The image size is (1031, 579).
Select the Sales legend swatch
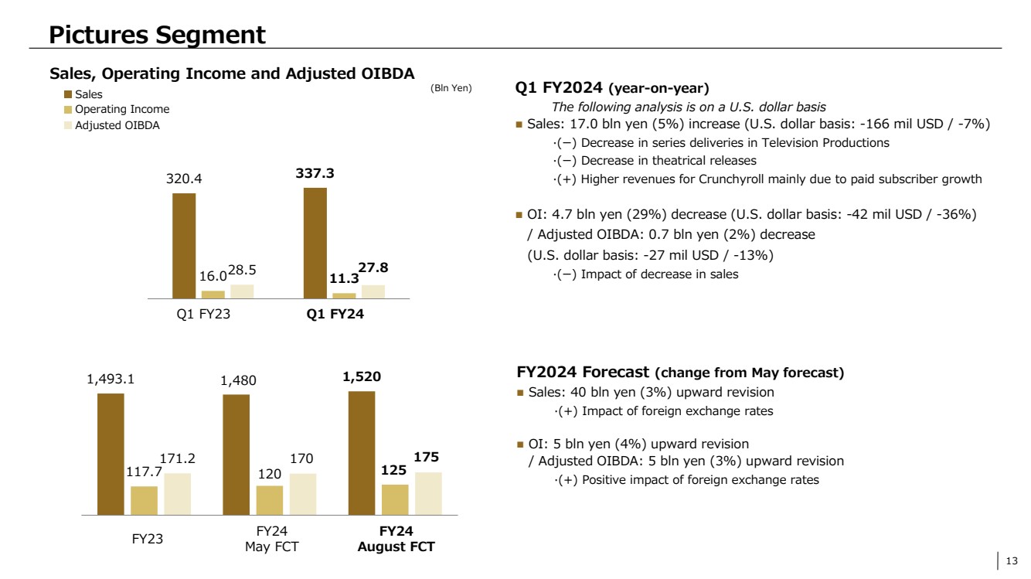(67, 94)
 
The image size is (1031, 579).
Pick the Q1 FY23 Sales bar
(184, 245)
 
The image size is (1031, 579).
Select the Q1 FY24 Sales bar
(315, 243)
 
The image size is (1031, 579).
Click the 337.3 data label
(315, 175)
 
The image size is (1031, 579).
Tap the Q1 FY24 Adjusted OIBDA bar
(373, 291)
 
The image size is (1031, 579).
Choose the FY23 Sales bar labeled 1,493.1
(111, 454)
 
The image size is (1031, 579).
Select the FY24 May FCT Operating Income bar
(270, 499)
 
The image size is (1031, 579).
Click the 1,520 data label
(362, 379)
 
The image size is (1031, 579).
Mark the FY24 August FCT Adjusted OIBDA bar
(428, 493)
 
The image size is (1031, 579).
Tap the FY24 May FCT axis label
(268, 539)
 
